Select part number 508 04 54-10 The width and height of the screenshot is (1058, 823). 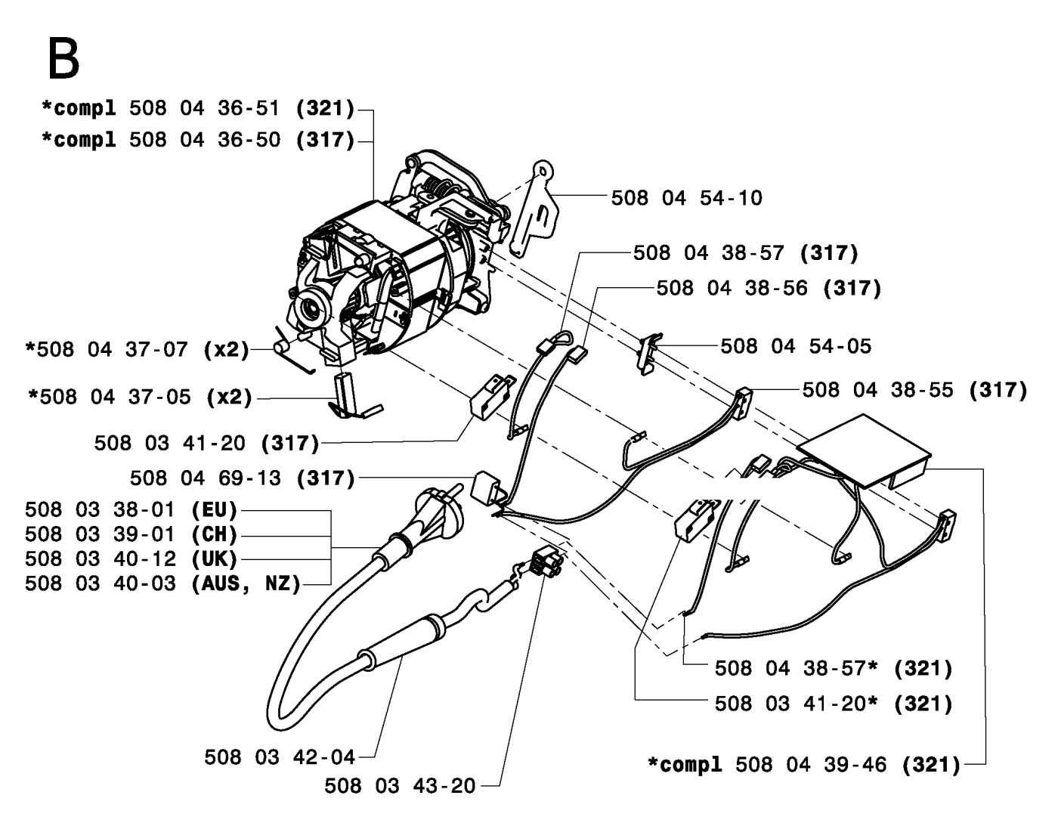tap(686, 198)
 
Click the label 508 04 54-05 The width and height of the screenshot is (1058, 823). tap(795, 346)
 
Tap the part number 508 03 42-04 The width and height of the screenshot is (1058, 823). tap(279, 756)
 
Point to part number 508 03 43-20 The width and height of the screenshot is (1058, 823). tap(400, 787)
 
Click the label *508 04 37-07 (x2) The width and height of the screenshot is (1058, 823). tap(137, 350)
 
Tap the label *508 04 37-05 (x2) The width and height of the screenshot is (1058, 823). tap(140, 396)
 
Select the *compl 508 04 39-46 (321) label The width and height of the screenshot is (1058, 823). tap(804, 765)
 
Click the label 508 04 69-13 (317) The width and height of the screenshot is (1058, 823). tap(242, 478)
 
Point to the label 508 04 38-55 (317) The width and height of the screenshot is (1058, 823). tap(914, 390)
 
